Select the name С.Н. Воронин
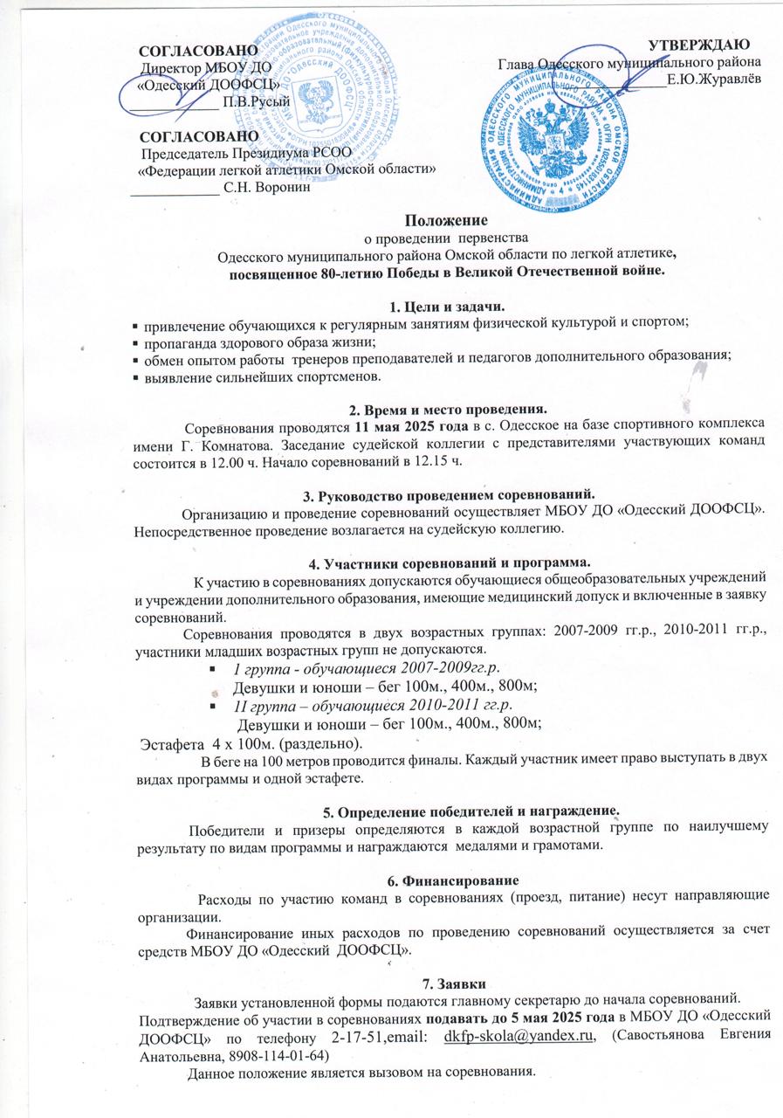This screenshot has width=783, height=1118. coord(265,184)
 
